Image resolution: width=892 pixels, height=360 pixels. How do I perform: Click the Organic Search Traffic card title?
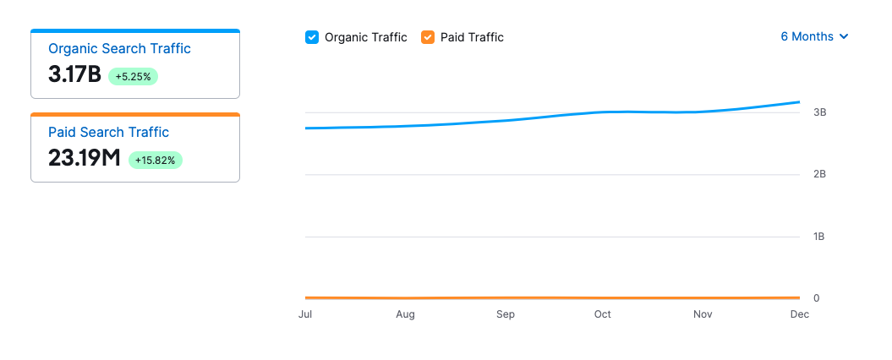119,49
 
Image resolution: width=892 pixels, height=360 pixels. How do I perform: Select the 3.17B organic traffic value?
74,74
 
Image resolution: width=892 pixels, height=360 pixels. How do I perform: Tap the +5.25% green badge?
134,76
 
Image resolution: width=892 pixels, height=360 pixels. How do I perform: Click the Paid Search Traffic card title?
108,133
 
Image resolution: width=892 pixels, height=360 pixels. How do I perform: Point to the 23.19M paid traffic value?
85,158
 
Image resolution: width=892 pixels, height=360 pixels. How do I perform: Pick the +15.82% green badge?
156,160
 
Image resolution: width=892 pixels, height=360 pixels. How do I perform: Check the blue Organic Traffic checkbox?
312,37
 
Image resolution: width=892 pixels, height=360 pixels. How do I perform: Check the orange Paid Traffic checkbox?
428,37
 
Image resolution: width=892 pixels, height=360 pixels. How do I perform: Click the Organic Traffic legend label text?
365,37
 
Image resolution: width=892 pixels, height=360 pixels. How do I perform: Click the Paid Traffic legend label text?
472,37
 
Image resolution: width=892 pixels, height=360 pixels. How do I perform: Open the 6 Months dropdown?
813,36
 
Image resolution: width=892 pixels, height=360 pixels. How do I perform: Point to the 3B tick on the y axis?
819,112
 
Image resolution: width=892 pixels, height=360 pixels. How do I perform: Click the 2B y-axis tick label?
819,174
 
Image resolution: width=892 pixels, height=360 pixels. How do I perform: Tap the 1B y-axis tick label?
819,237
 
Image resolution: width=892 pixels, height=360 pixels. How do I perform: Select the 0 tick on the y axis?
817,298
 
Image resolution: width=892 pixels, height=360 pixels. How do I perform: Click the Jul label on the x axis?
305,315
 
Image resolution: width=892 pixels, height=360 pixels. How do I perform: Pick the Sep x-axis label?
505,315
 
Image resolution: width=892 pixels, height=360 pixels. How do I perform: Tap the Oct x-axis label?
602,315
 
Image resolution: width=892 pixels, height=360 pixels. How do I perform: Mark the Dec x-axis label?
799,315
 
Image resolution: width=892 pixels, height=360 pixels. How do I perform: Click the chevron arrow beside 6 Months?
843,37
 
